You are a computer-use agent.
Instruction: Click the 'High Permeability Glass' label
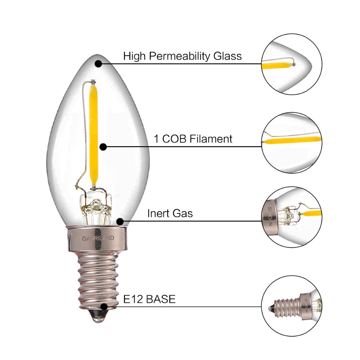(182, 56)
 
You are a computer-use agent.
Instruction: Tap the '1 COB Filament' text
(193, 139)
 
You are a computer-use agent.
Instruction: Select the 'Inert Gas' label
(170, 213)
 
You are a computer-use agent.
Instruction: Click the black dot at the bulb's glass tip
(98, 64)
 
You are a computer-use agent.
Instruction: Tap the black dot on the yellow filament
(103, 147)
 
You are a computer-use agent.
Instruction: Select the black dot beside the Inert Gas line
(120, 221)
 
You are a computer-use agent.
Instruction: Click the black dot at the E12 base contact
(104, 307)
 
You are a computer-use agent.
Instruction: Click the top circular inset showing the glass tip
(292, 64)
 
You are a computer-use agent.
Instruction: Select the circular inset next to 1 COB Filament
(292, 143)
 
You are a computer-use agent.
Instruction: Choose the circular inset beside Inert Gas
(292, 217)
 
